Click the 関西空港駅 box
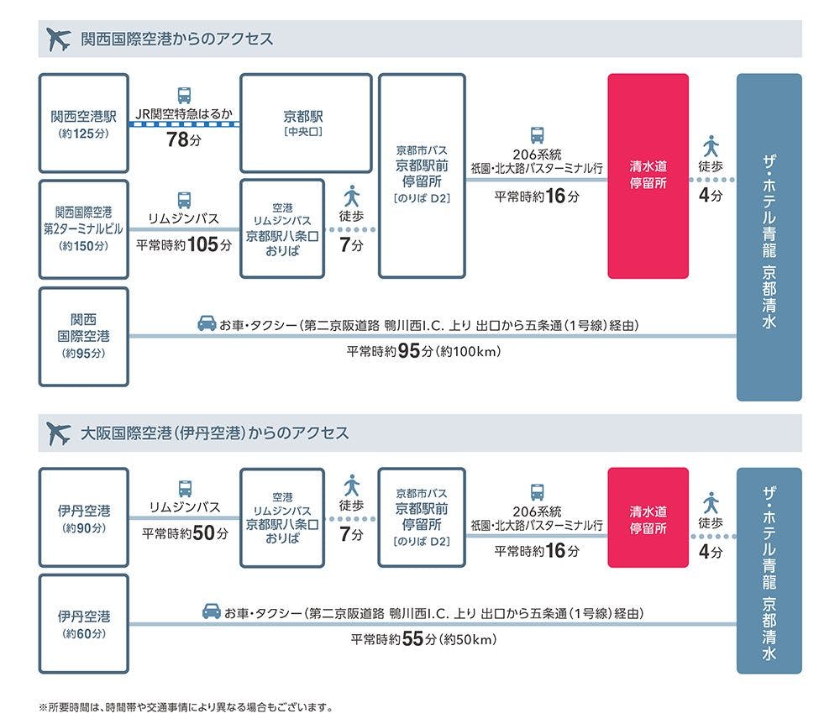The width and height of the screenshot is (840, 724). [x=84, y=123]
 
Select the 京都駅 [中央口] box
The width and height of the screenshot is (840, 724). [x=306, y=123]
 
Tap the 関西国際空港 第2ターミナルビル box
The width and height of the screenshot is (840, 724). [x=84, y=228]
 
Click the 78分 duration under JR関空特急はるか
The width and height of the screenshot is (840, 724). [x=184, y=140]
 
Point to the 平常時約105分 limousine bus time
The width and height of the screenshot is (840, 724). [x=184, y=245]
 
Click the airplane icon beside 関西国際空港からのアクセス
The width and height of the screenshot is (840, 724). [x=59, y=39]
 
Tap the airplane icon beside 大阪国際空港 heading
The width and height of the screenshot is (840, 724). [x=59, y=433]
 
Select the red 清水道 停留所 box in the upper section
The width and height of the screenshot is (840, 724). [x=648, y=176]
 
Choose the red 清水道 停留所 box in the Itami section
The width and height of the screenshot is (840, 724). [x=648, y=518]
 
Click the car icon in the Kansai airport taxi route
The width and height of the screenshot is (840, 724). [x=206, y=323]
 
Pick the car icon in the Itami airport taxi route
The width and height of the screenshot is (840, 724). [x=212, y=612]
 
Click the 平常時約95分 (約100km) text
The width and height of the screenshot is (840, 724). [x=423, y=351]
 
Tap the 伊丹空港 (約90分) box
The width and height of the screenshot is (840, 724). [x=84, y=518]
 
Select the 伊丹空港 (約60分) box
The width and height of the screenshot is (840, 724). [x=84, y=624]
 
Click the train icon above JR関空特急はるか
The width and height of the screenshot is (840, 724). [x=184, y=95]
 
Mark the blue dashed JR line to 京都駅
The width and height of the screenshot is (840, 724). [x=184, y=124]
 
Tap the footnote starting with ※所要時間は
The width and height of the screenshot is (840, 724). [x=186, y=707]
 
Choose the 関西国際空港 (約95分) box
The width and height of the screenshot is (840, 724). [x=84, y=336]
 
